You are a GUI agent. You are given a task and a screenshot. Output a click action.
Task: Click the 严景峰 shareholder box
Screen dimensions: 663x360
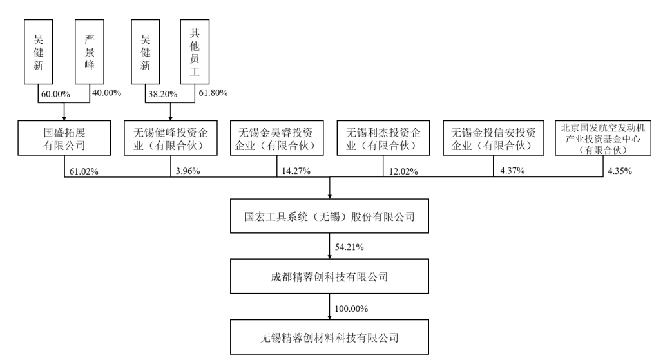coord(89,52)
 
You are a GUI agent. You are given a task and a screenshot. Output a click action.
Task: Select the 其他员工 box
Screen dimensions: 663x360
coord(195,52)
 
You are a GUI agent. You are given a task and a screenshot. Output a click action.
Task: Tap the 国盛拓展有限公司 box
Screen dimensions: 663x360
coord(64,138)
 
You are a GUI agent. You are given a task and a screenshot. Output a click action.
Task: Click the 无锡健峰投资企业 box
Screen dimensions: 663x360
coord(171,138)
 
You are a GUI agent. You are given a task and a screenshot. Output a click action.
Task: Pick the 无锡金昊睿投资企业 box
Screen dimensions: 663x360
coord(277,138)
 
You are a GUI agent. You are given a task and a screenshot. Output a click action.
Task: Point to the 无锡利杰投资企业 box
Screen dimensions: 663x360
coord(383,138)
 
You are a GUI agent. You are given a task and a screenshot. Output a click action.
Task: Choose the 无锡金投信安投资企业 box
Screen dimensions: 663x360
coord(494,138)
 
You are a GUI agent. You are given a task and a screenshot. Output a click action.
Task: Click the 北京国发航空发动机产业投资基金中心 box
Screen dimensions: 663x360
coord(603,138)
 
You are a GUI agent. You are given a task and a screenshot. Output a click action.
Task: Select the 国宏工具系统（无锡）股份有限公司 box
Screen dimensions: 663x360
coord(329,216)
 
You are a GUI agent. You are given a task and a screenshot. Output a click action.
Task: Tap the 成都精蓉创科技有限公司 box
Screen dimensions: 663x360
coord(329,276)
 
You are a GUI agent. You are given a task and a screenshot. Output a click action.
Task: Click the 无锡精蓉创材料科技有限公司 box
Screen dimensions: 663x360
coord(329,337)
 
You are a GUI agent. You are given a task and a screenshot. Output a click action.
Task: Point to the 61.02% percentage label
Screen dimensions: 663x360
coord(84,171)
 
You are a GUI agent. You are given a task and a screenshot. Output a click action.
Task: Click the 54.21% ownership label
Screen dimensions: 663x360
coord(349,247)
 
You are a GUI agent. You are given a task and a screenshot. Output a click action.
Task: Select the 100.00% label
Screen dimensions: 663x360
coord(351,309)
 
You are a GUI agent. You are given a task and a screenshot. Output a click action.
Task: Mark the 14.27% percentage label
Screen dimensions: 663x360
coord(296,171)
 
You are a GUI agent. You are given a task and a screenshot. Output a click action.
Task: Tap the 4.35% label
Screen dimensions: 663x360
coord(620,171)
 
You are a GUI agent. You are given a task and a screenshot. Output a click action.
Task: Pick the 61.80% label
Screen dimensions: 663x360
coord(213,93)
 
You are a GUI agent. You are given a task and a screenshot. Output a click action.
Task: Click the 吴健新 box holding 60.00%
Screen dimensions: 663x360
coord(39,52)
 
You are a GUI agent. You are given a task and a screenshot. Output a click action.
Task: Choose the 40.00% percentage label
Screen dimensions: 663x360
coord(106,93)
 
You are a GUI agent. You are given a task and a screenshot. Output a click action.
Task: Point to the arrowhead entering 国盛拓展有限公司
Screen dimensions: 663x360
coord(64,118)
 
